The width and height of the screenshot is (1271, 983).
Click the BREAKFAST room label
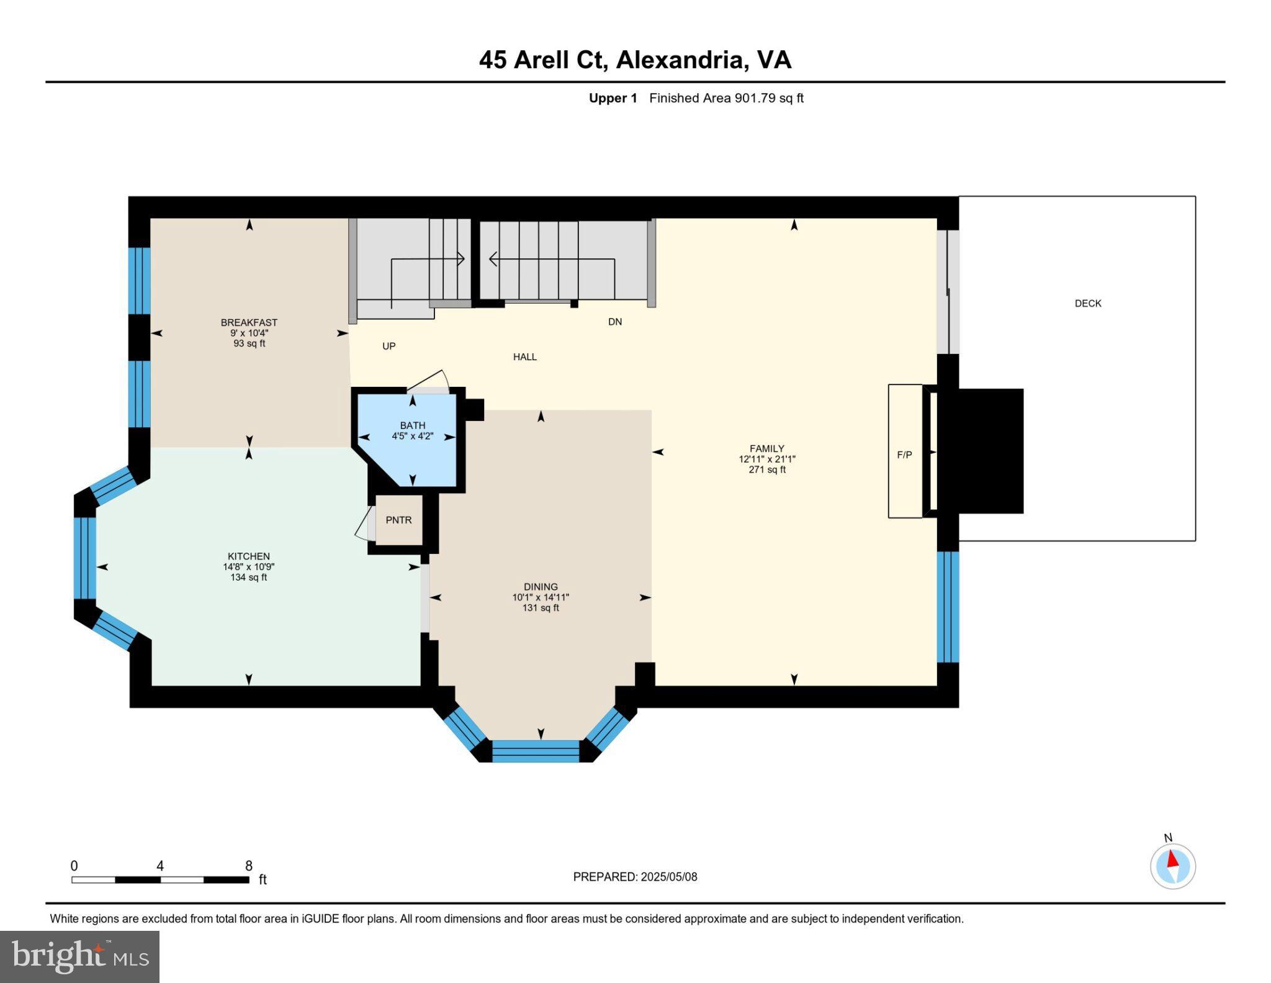[249, 322]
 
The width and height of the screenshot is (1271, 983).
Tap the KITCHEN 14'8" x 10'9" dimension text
[248, 567]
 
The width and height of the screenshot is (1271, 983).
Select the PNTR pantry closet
[398, 520]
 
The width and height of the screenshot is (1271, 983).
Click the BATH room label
[412, 425]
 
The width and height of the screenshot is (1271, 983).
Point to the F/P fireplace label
[904, 455]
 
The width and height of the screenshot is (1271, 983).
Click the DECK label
[1088, 304]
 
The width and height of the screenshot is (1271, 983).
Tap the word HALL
[524, 357]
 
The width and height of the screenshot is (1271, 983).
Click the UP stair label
[388, 347]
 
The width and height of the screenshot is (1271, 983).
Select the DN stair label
[614, 322]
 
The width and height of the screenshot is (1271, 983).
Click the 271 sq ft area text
[767, 470]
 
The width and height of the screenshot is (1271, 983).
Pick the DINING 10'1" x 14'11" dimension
[540, 597]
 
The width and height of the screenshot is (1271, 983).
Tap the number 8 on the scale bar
[248, 866]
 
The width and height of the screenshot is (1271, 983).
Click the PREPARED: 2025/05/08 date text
[635, 877]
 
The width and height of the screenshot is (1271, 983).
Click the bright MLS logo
[79, 956]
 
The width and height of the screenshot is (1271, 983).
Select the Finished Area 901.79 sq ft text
[726, 98]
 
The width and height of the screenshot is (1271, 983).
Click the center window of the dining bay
[536, 751]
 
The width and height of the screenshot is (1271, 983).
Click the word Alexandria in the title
[680, 60]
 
